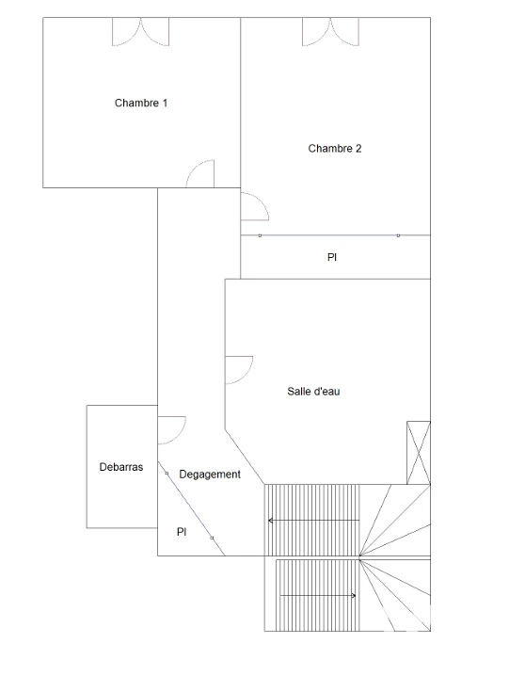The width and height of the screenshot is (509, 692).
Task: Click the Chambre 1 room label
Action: point(141,103)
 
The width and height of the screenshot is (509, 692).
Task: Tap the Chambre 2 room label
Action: point(335,149)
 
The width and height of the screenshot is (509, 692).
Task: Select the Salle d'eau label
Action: point(313,392)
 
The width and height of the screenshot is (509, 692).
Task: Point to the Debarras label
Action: point(121,467)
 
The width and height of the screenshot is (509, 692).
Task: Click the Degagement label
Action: point(210,475)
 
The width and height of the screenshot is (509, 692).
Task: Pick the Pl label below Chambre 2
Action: point(332,257)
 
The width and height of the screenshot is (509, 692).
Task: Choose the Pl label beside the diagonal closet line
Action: point(182,532)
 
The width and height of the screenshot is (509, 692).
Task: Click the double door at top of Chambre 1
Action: point(141,32)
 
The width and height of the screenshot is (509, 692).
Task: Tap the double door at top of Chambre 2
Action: point(330,32)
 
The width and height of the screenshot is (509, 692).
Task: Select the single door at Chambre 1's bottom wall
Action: point(200,173)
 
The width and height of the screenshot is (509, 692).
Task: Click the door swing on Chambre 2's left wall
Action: point(255,206)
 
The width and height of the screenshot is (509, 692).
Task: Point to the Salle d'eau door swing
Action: point(239,370)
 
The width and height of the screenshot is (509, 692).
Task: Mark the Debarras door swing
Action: point(172,430)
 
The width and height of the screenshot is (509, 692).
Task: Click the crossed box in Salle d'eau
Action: point(419,453)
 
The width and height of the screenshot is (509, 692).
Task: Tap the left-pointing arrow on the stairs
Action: point(314,521)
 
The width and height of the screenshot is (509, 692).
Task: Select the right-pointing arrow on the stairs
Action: point(318,596)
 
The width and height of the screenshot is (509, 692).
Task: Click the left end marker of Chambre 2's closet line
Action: point(260,235)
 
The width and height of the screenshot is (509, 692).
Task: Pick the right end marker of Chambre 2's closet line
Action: point(398,235)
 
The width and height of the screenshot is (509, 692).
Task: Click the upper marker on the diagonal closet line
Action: point(167,474)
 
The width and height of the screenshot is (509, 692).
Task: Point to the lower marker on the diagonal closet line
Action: point(212,538)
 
